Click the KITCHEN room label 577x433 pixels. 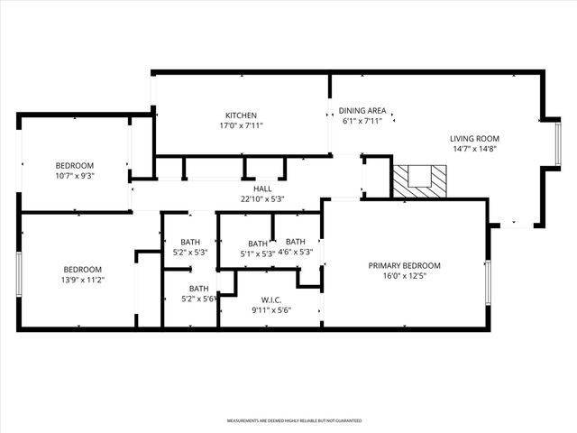click(x=241, y=115)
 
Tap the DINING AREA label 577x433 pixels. click(x=362, y=111)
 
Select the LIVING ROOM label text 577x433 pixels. click(x=474, y=139)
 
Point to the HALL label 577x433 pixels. click(x=262, y=189)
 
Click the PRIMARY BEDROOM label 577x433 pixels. click(x=404, y=265)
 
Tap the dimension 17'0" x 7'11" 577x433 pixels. click(x=241, y=126)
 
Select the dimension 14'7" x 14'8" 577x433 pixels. click(x=474, y=150)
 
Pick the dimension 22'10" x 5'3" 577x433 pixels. click(x=262, y=199)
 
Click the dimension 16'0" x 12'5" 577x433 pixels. click(x=404, y=276)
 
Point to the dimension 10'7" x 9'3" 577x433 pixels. click(x=75, y=176)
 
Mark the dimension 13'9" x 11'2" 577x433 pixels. click(x=82, y=280)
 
